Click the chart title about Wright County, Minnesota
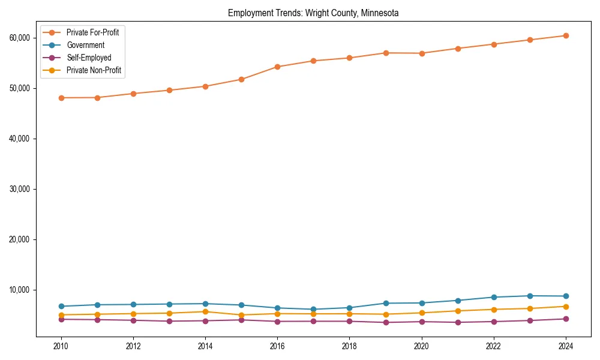313,13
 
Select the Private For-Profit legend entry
92,32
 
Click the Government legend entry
85,45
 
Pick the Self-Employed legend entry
89,58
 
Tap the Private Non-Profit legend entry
94,70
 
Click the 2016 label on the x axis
277,346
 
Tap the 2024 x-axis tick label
566,346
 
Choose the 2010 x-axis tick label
61,346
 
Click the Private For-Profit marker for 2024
566,35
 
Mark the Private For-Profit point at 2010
61,98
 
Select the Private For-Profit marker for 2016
277,67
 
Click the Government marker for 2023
530,296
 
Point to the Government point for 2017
313,310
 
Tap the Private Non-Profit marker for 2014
205,311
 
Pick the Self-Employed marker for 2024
566,319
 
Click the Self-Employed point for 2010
61,319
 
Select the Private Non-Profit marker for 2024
566,307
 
